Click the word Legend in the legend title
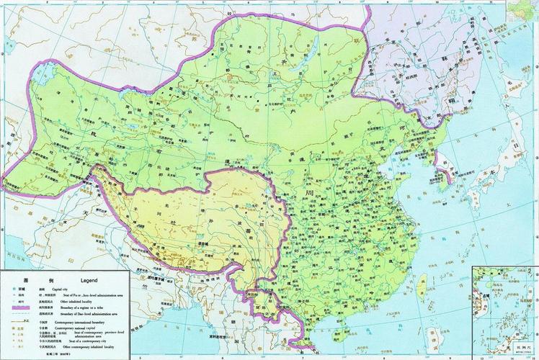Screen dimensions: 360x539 (x=89, y=280)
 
